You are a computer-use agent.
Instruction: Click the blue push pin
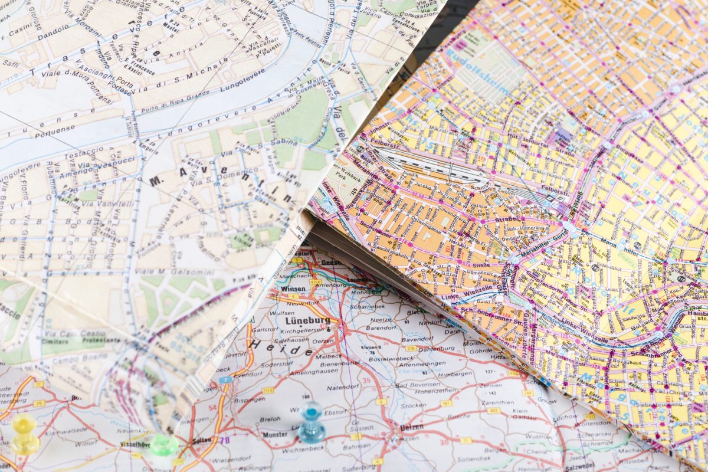point(311,423)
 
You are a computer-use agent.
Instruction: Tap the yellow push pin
point(25,433)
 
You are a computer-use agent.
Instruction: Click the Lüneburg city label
point(307,321)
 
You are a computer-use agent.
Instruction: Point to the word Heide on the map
point(281,346)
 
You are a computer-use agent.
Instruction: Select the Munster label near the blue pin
point(274,434)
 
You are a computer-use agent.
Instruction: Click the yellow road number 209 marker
point(268,390)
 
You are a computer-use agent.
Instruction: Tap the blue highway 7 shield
point(225,380)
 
